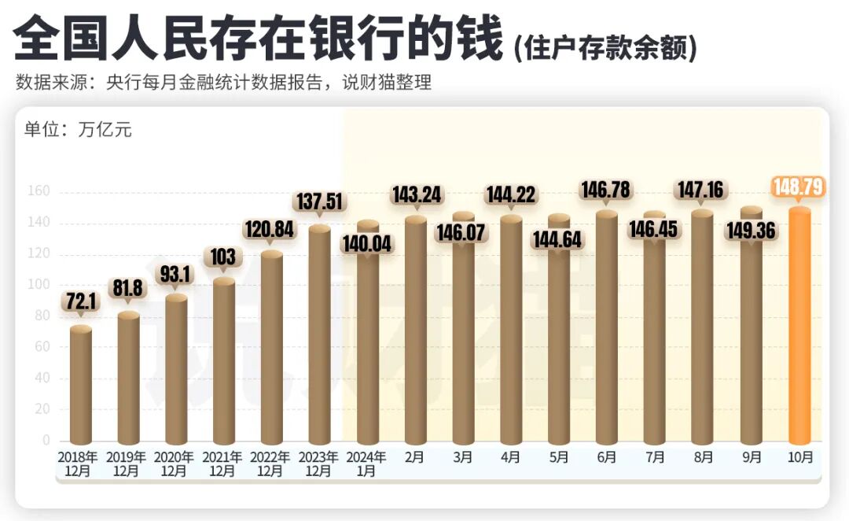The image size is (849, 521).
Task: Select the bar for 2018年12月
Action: (x=81, y=386)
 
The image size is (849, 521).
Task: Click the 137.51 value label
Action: (x=320, y=201)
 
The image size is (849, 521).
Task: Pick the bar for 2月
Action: (x=415, y=331)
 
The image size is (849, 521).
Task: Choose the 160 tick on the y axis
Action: (x=39, y=191)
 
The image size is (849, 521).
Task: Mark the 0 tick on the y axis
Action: (x=46, y=440)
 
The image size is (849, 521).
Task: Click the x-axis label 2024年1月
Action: (x=367, y=464)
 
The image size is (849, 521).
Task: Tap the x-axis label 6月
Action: (x=607, y=457)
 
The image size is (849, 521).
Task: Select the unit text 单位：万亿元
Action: (x=78, y=130)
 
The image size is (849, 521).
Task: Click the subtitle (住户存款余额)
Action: (x=605, y=48)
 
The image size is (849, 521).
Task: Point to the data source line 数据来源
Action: (x=223, y=83)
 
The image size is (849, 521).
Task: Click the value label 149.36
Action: (x=751, y=234)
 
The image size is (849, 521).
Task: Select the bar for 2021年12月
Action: (x=224, y=362)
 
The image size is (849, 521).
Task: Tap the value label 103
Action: (x=224, y=257)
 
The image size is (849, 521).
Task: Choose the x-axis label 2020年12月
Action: (x=176, y=464)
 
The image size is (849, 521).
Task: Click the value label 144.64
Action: (x=559, y=238)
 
